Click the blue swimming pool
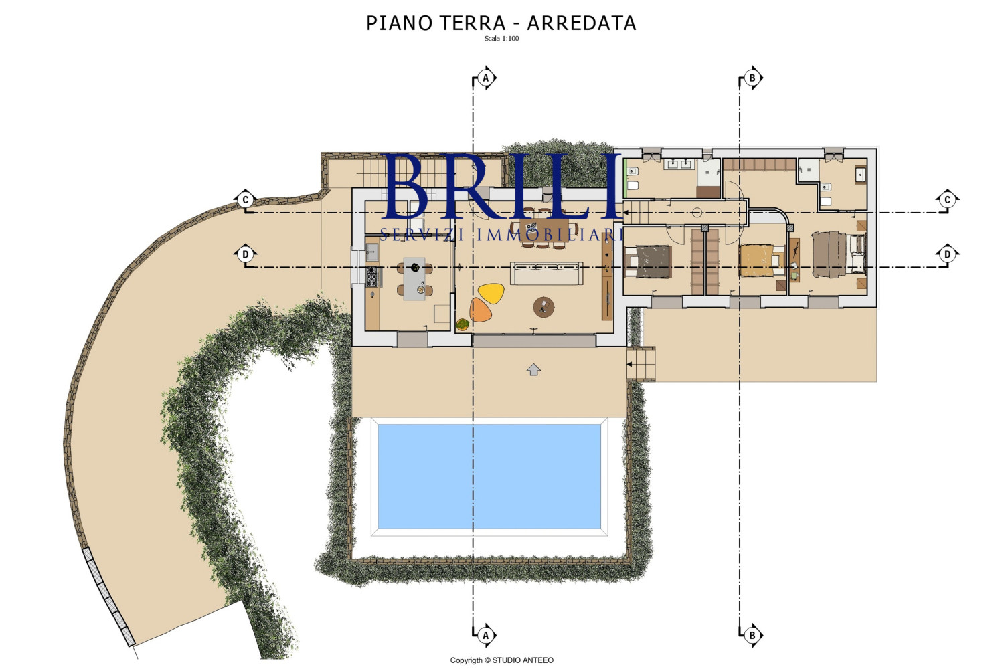click(489, 476)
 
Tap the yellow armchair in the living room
click(491, 293)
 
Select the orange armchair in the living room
click(481, 310)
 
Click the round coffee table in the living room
click(543, 307)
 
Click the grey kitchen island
click(414, 278)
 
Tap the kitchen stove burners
click(372, 276)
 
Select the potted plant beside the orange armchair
click(463, 324)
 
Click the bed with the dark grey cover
click(650, 262)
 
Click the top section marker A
click(486, 78)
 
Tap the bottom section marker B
click(752, 635)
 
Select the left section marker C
click(246, 199)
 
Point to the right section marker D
click(947, 254)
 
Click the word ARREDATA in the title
click(581, 23)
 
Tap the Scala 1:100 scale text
click(501, 39)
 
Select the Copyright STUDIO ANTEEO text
click(501, 660)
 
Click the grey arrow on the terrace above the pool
click(533, 369)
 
